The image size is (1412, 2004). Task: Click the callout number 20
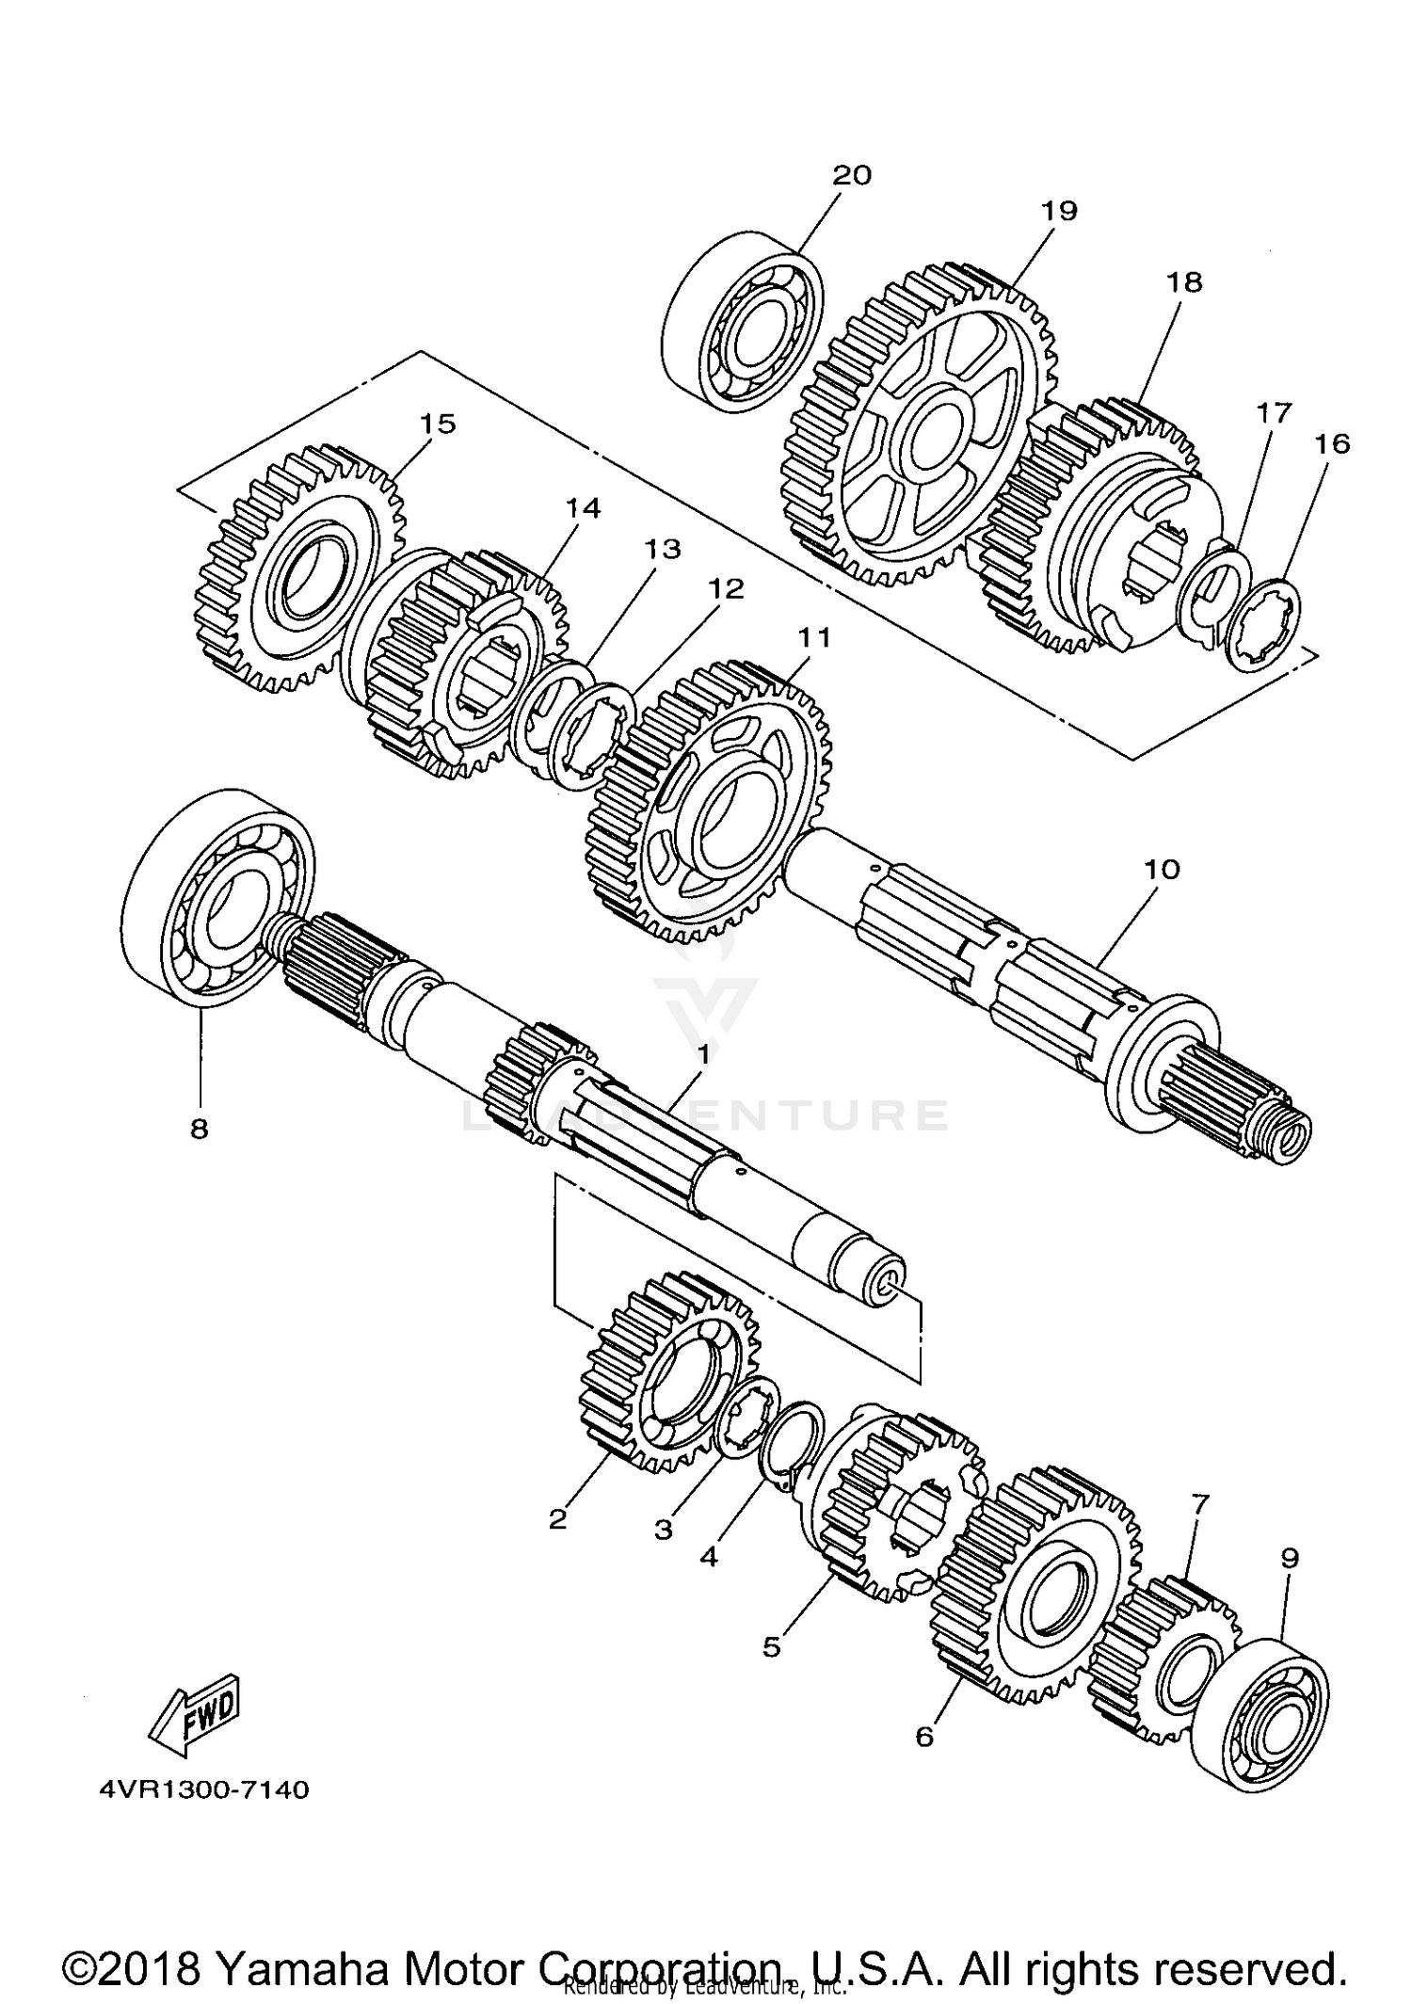click(852, 175)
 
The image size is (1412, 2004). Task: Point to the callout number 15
click(438, 424)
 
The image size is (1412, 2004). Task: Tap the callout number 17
click(1275, 412)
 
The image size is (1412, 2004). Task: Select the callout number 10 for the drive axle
click(1162, 869)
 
